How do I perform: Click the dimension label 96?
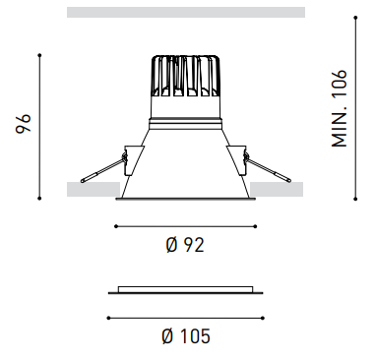click(x=24, y=123)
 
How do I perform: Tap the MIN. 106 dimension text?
click(x=339, y=108)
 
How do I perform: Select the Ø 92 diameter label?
click(x=185, y=245)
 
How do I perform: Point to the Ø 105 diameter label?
click(x=186, y=336)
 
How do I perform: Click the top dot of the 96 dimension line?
click(x=39, y=55)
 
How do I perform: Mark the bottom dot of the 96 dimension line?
click(x=39, y=198)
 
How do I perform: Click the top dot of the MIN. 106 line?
click(x=355, y=18)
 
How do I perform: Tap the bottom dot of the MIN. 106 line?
click(x=355, y=199)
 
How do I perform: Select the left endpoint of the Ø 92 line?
click(x=116, y=226)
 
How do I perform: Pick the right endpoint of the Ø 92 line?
click(x=255, y=226)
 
